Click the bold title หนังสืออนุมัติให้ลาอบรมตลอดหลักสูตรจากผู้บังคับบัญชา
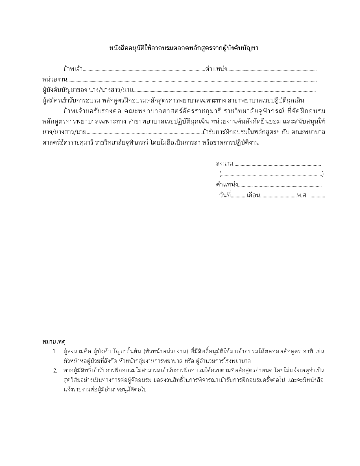(184, 48)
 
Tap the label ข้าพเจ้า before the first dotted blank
(73, 69)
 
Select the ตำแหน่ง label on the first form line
(216, 69)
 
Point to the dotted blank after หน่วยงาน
(192, 81)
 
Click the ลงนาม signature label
(224, 164)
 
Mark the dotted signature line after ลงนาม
(277, 165)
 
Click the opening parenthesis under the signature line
(220, 174)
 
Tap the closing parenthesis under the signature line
(323, 174)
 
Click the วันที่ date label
(225, 195)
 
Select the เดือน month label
(253, 195)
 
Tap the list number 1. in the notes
(55, 352)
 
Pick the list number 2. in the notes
(55, 371)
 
